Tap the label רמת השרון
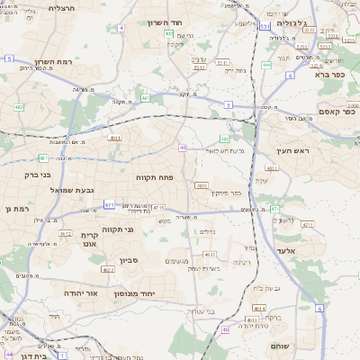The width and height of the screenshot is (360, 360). tap(50, 62)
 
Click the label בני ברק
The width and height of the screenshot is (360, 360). tap(32, 175)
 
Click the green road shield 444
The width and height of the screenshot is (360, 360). tap(266, 65)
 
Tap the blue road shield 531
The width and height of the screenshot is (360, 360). tap(265, 27)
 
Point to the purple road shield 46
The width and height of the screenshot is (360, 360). tap(225, 329)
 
